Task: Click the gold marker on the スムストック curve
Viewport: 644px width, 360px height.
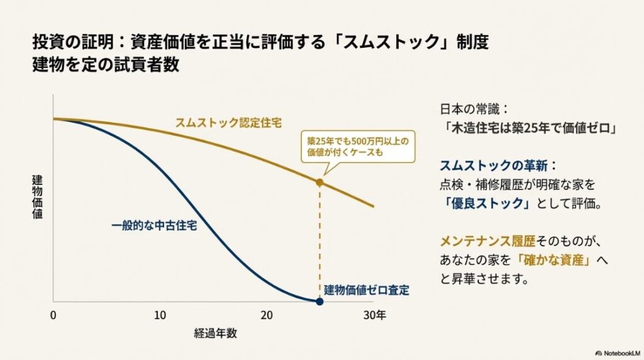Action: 319,183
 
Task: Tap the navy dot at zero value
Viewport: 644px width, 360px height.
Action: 319,301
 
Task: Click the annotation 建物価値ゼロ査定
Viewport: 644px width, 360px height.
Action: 367,290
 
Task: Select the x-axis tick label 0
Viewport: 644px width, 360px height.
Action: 53,315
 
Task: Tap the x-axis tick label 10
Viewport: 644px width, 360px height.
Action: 160,315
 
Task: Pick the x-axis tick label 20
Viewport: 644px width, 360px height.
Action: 267,315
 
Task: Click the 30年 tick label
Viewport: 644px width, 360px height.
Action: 376,315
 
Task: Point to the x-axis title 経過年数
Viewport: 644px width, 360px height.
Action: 216,334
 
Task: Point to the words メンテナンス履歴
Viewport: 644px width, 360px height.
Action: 484,241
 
